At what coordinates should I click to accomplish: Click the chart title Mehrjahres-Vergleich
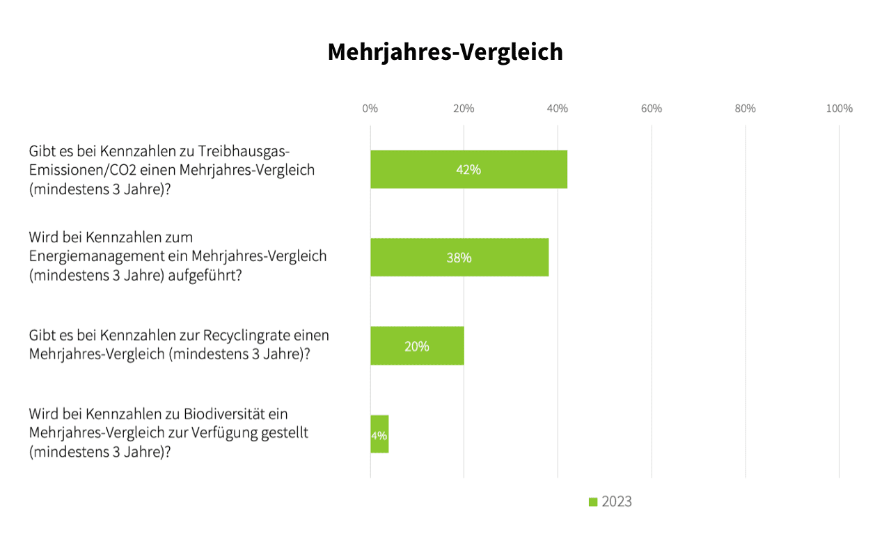click(x=445, y=52)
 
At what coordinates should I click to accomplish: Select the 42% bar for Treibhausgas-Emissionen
click(x=469, y=169)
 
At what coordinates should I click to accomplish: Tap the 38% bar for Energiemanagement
click(x=459, y=258)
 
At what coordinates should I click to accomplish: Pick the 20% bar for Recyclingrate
click(x=417, y=346)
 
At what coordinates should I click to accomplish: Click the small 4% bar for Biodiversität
click(x=379, y=434)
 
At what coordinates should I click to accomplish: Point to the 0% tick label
click(x=370, y=109)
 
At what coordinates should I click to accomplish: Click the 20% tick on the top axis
click(x=464, y=109)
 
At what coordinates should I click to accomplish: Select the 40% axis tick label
click(x=558, y=109)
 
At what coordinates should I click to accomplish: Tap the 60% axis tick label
click(x=652, y=109)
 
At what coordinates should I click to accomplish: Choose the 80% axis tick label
click(x=745, y=109)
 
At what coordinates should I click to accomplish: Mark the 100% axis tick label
click(x=839, y=109)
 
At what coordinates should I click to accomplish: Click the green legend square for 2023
click(x=593, y=502)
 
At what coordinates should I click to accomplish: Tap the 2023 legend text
click(x=617, y=502)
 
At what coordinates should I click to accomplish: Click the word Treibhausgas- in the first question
click(x=244, y=152)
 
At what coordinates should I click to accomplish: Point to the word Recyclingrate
click(x=246, y=336)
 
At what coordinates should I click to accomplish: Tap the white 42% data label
click(x=468, y=170)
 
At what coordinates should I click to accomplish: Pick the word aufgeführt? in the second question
click(x=205, y=275)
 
